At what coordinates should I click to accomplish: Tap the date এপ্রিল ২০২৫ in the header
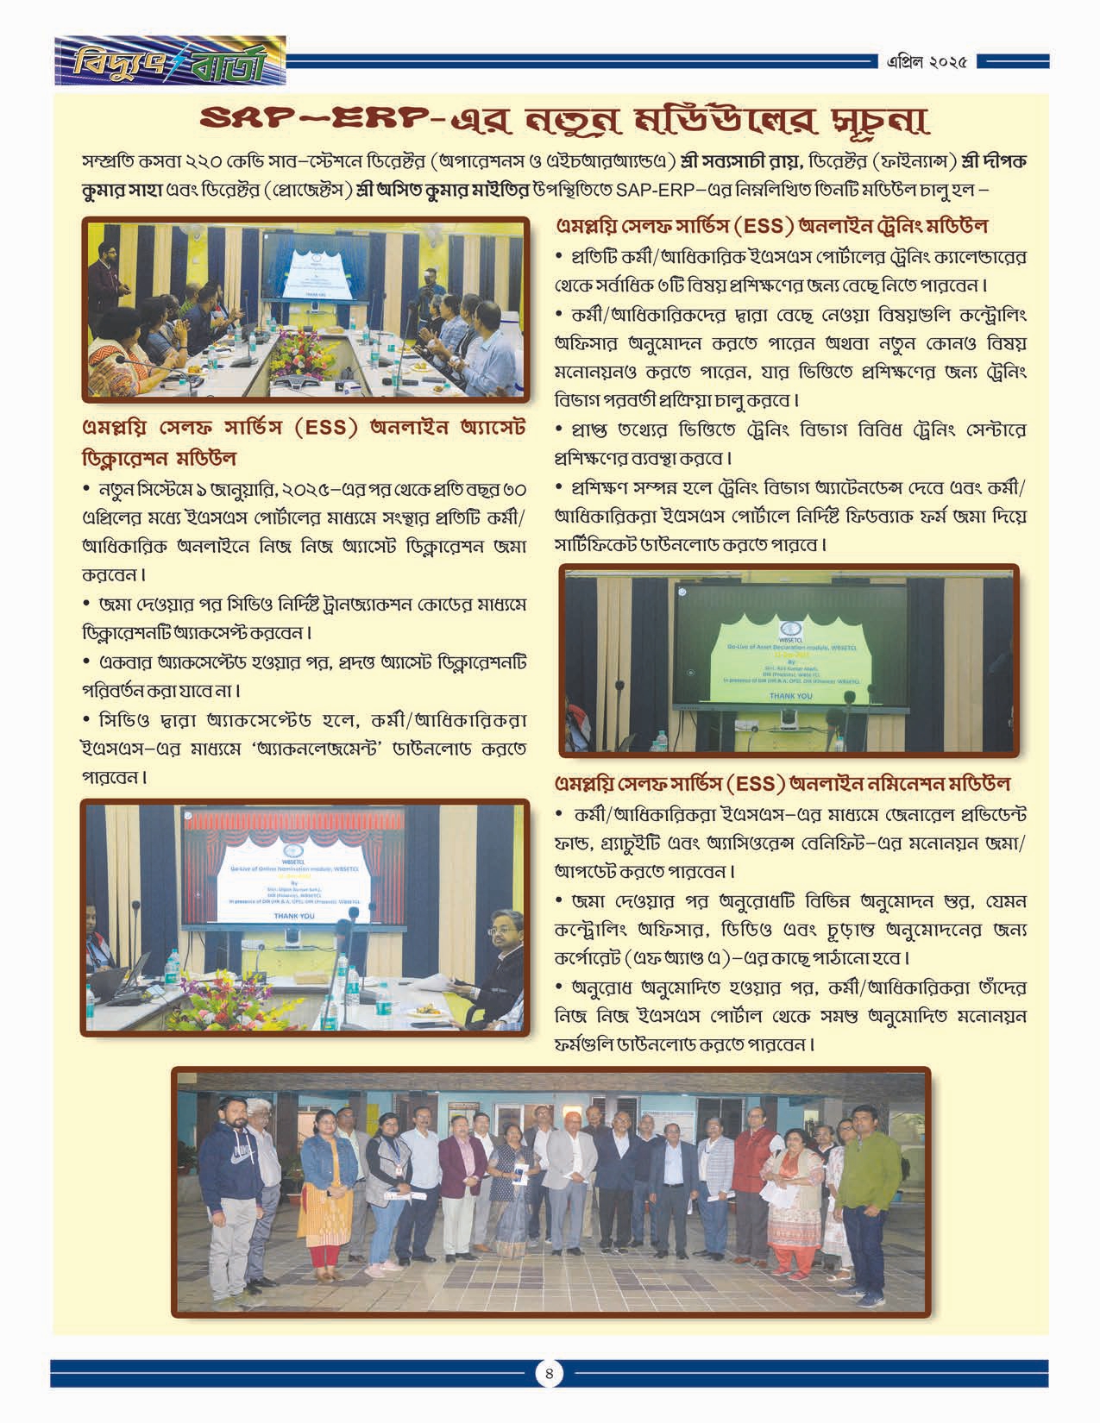926,62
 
